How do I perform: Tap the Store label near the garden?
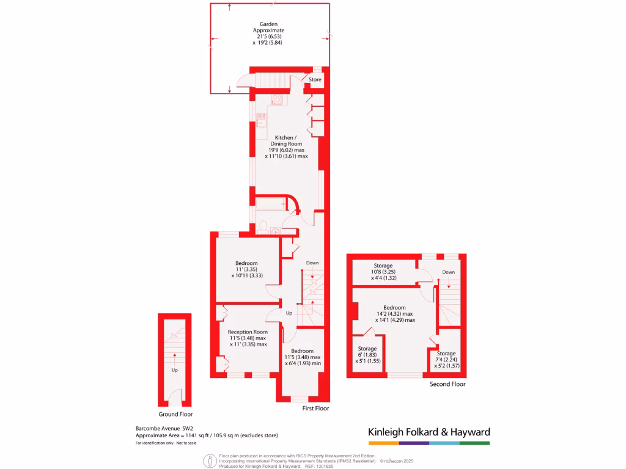(315, 79)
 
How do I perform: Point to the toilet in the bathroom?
(263, 227)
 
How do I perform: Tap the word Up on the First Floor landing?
(289, 313)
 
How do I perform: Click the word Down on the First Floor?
(312, 263)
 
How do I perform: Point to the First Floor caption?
(315, 408)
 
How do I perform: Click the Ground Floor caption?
(175, 413)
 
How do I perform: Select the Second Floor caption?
(447, 384)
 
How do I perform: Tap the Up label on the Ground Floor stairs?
(175, 370)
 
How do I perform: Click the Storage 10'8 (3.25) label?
(383, 266)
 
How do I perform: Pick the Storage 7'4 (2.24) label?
(446, 354)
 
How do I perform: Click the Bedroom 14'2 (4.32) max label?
(394, 308)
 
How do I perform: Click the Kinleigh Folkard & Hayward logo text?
(429, 432)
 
